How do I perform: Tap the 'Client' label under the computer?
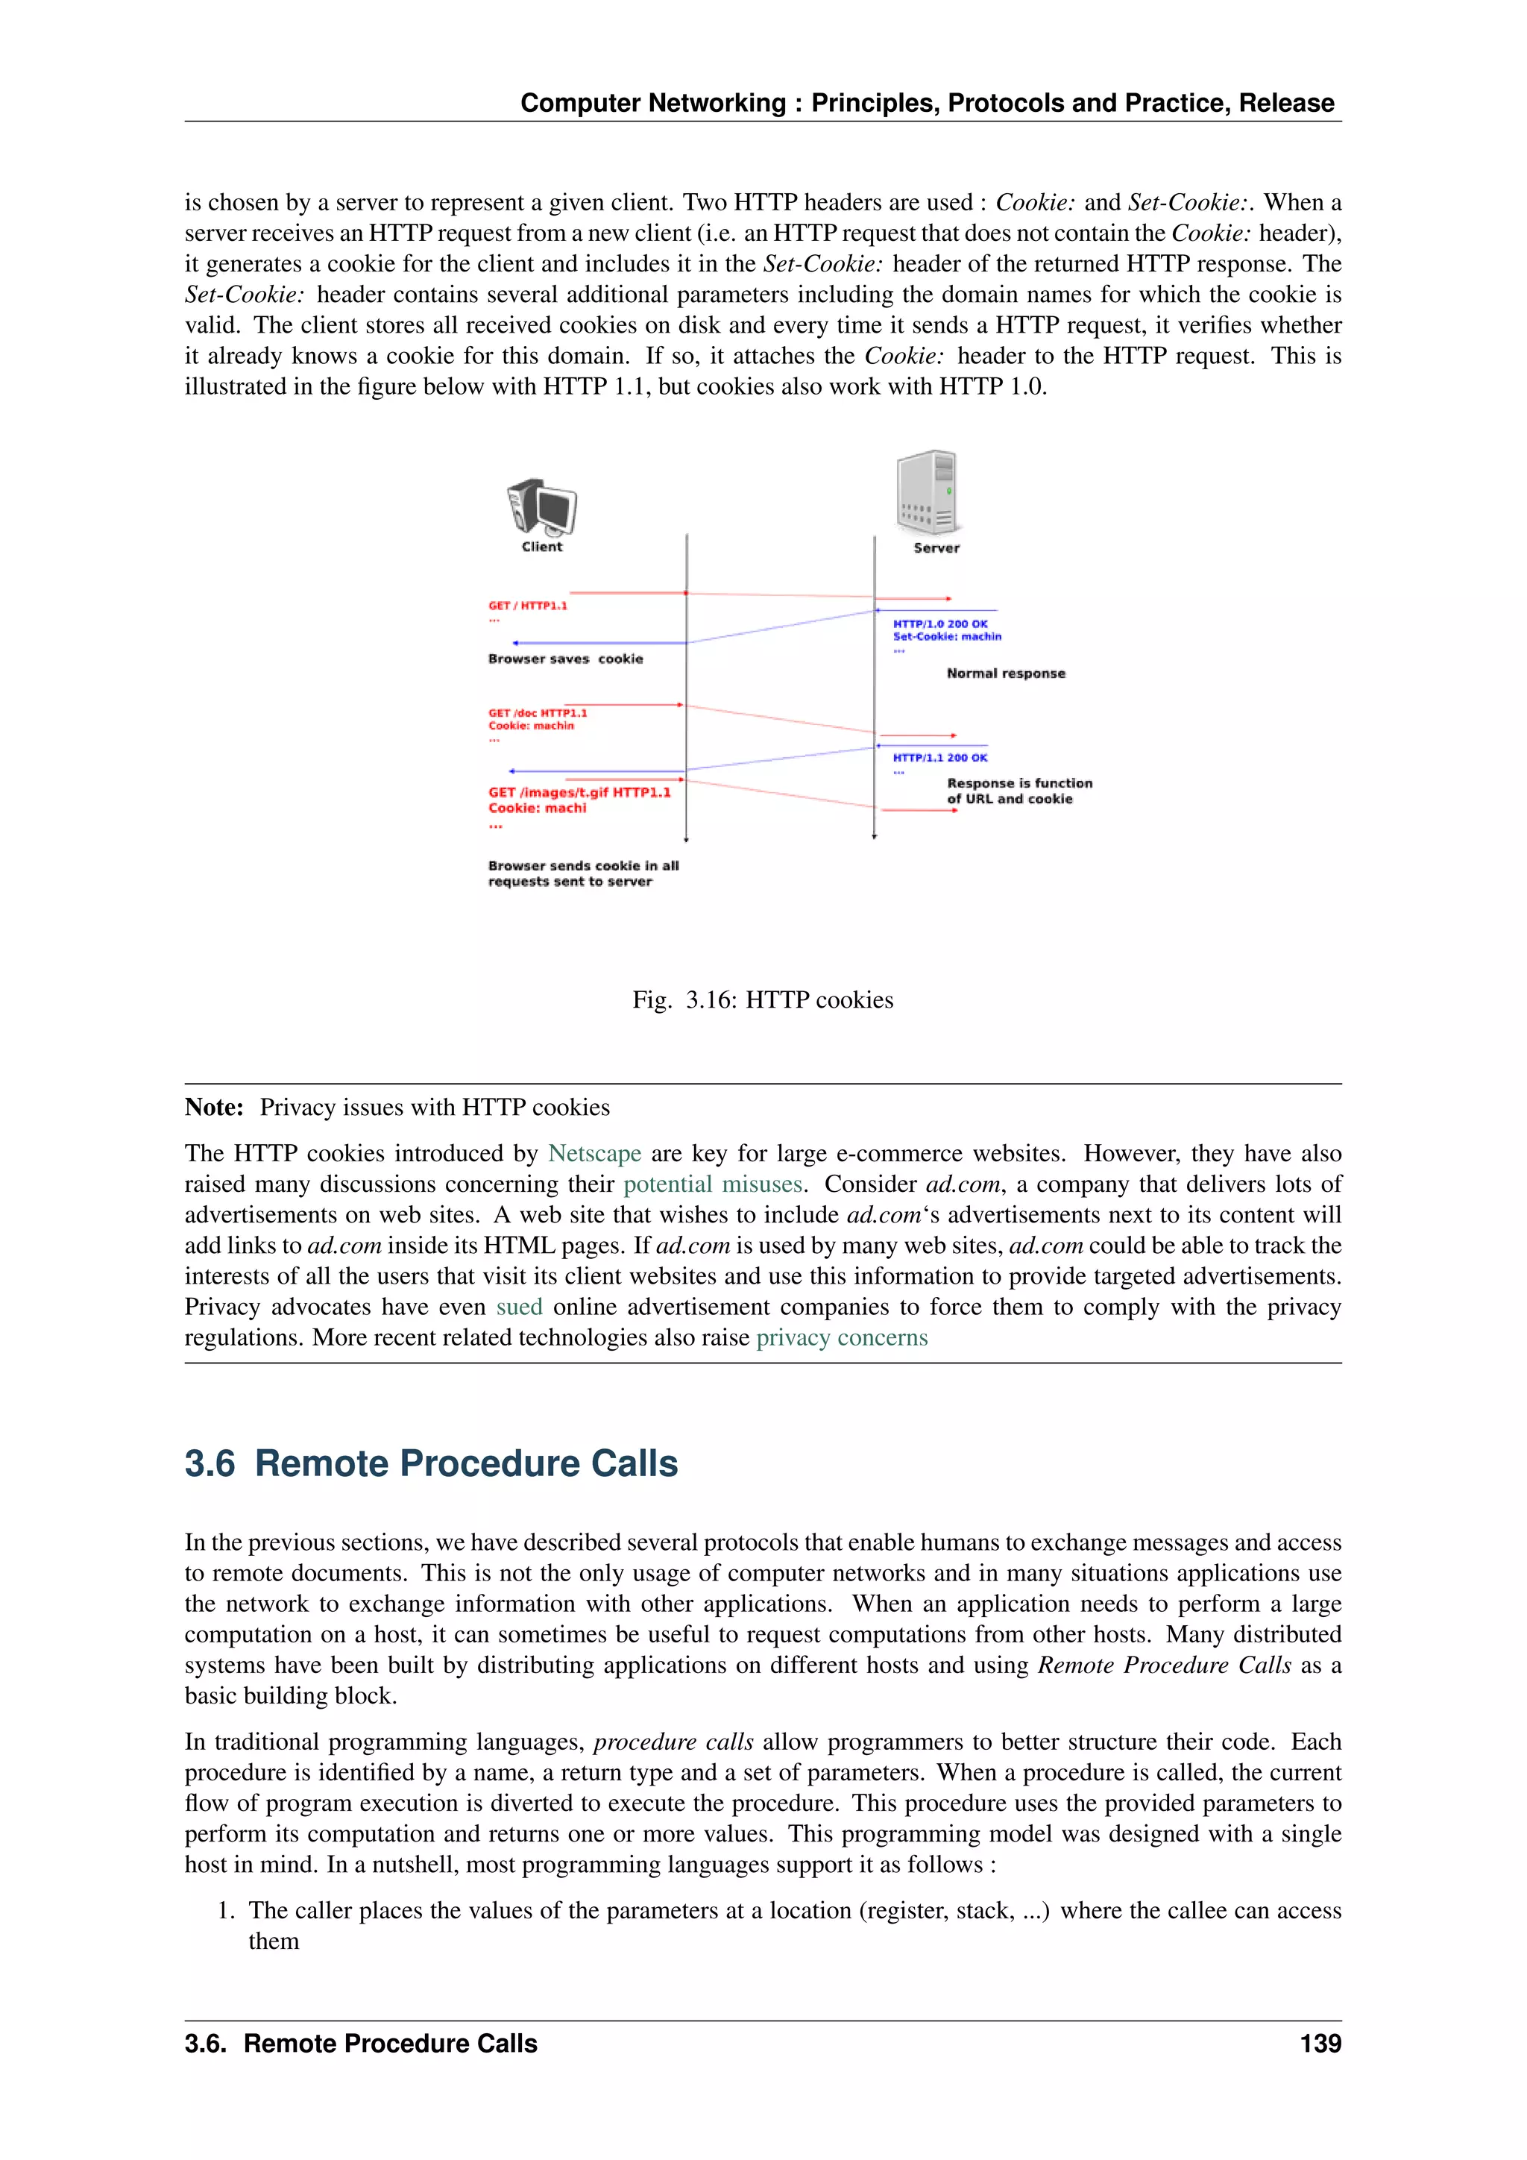[541, 547]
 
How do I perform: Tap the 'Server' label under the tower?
[936, 548]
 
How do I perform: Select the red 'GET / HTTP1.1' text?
[527, 606]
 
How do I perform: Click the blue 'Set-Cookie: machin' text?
[947, 637]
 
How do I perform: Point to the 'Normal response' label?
[1006, 674]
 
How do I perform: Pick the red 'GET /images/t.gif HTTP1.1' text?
[579, 792]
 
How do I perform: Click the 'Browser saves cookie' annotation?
[565, 659]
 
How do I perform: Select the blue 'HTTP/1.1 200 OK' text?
[940, 757]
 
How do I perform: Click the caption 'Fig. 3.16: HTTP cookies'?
[763, 1000]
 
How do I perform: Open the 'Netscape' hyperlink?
[594, 1153]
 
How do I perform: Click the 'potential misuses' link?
[713, 1184]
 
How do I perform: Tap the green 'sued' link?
[519, 1307]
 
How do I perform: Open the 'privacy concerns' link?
[842, 1338]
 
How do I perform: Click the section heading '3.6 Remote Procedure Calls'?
[431, 1464]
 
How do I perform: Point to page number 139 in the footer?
[1320, 2044]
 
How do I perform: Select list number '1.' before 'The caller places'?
[226, 1911]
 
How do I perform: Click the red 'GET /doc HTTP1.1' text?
[538, 713]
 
